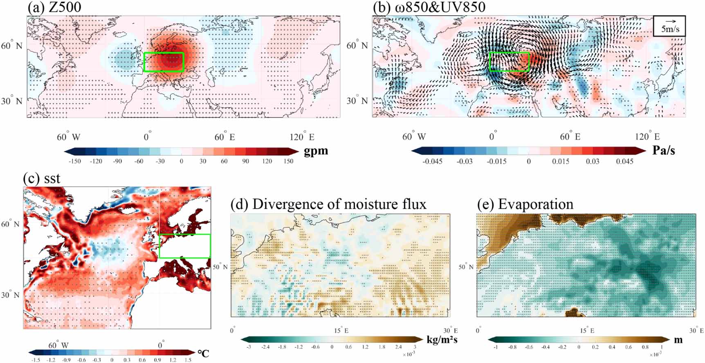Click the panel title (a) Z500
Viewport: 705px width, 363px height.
click(54, 7)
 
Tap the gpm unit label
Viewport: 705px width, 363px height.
click(316, 151)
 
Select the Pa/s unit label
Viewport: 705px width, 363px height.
click(663, 151)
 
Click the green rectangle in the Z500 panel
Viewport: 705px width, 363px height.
click(164, 62)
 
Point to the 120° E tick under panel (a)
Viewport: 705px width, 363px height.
click(302, 137)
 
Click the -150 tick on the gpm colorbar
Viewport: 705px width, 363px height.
click(74, 161)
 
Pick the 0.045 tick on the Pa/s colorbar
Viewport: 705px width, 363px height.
click(624, 161)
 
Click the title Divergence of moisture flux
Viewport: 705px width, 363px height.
click(328, 204)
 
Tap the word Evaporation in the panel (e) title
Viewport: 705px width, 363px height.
click(536, 204)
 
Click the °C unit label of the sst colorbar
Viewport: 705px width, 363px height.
click(203, 353)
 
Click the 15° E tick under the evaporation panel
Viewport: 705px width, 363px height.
click(586, 330)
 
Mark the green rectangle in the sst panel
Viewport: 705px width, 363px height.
click(184, 246)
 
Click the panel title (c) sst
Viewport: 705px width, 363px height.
click(42, 178)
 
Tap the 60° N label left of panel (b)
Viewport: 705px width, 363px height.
click(357, 46)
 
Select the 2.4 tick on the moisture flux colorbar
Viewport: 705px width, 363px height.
click(399, 347)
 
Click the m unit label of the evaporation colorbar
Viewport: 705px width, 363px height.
click(678, 339)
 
